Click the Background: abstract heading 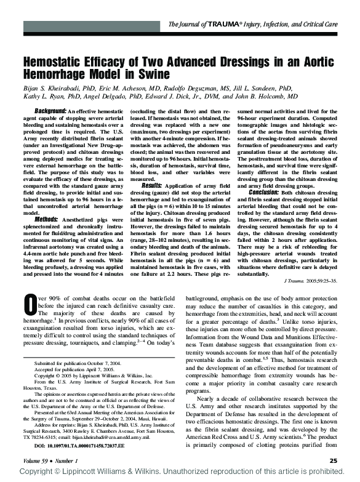click(x=51, y=110)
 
